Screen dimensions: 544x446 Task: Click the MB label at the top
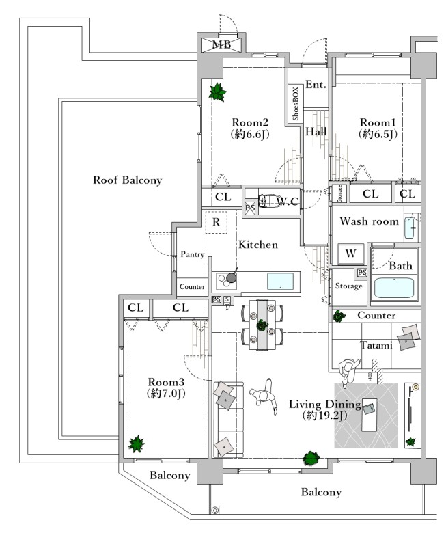221,45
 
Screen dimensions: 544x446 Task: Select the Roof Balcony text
128,180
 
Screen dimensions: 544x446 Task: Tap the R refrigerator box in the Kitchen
216,223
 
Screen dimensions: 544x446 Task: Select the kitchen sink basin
283,281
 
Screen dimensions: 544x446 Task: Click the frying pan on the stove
232,277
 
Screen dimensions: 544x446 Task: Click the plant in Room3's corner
137,444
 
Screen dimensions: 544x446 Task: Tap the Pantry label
193,254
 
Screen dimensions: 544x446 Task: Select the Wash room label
369,221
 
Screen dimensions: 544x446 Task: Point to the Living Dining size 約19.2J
323,415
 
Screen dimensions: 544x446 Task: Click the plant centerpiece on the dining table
261,325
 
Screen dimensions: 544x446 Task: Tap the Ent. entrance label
316,85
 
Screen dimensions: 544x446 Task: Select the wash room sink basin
410,228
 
